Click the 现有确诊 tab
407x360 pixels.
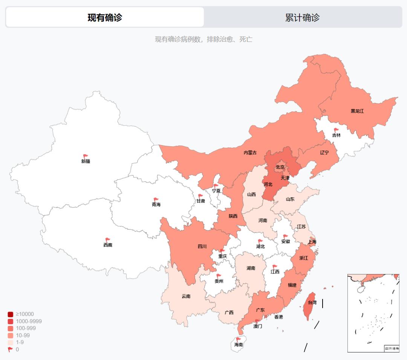105,17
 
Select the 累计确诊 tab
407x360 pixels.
302,17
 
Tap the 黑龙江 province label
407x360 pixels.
357,111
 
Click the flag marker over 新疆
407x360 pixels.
86,156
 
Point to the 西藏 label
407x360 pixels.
108,245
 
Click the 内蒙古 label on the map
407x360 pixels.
250,153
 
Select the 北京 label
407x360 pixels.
280,167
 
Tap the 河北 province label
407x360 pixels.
268,184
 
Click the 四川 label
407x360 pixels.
202,247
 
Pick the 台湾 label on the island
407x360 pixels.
312,302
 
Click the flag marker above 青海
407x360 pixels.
156,200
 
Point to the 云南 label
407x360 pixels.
186,296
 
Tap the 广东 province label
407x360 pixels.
260,310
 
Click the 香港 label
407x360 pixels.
278,317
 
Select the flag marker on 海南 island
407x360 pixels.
238,340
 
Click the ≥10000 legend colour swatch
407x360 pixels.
11,314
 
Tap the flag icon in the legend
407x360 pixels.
10,349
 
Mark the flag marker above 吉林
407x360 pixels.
336,130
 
